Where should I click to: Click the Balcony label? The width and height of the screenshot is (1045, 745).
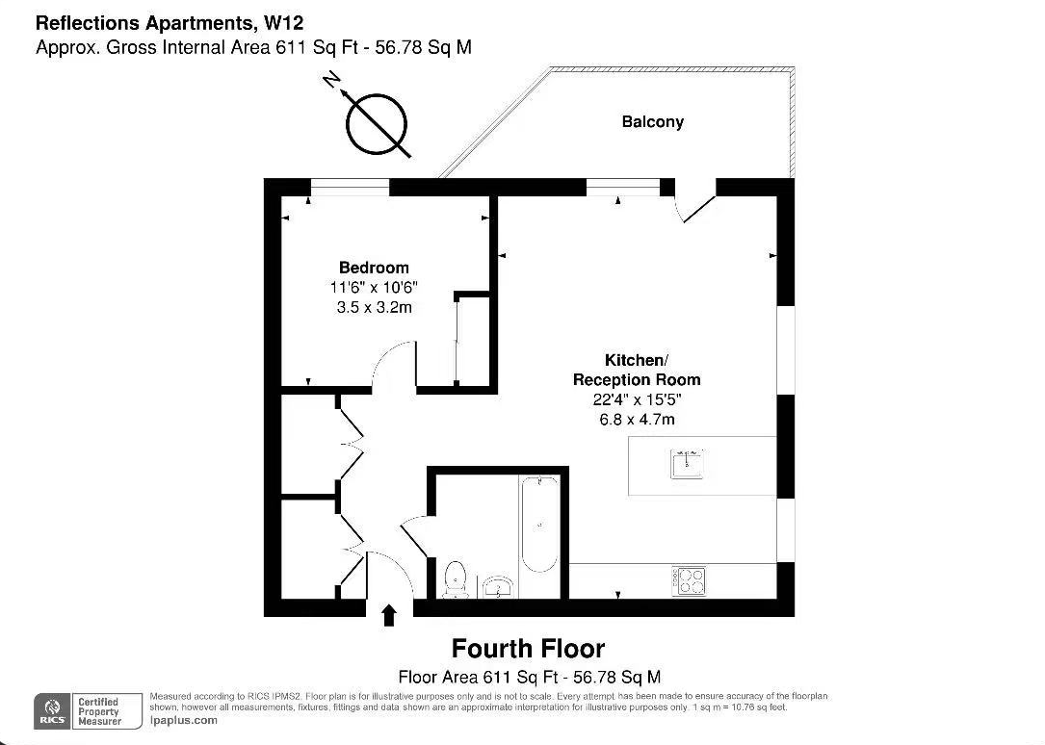pyautogui.click(x=652, y=122)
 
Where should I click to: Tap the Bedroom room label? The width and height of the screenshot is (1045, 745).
pyautogui.click(x=374, y=268)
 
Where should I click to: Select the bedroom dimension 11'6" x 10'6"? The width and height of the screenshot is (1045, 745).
pyautogui.click(x=374, y=288)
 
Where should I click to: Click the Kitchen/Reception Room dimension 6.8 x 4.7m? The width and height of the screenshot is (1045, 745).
pyautogui.click(x=637, y=419)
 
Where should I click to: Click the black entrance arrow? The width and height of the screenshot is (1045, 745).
pyautogui.click(x=389, y=615)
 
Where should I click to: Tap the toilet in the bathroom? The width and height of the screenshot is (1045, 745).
pyautogui.click(x=456, y=578)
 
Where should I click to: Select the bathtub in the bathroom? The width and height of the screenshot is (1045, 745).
pyautogui.click(x=538, y=525)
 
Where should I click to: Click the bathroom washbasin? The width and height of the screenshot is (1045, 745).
pyautogui.click(x=498, y=585)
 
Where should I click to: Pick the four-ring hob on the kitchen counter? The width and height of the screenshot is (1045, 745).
pyautogui.click(x=690, y=580)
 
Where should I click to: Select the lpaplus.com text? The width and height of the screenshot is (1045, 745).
pyautogui.click(x=184, y=720)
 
